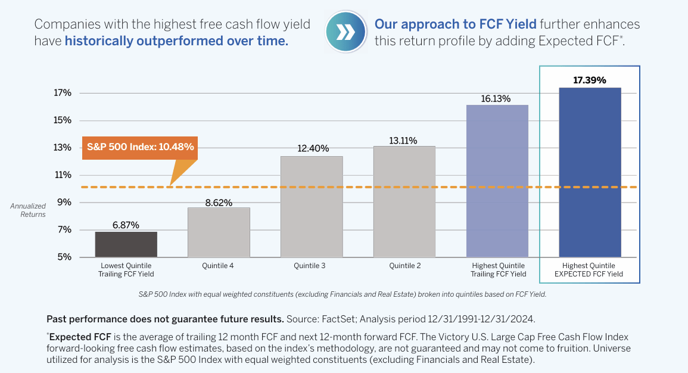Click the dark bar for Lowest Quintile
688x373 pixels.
(126, 244)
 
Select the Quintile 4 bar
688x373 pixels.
(219, 232)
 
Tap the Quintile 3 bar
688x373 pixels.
(312, 206)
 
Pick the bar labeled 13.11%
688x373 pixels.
(404, 201)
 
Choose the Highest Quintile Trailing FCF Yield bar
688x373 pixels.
(497, 181)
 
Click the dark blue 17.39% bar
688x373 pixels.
(590, 172)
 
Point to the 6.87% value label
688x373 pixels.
(126, 225)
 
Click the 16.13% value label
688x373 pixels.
(497, 99)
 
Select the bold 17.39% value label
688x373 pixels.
(590, 80)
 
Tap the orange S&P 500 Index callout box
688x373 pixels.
(141, 147)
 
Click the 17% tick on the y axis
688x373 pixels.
(63, 93)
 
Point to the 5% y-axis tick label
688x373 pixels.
(65, 257)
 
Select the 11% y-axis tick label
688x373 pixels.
(63, 175)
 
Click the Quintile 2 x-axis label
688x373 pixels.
(404, 266)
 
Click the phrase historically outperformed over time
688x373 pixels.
(176, 41)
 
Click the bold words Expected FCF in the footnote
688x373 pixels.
(73, 337)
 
